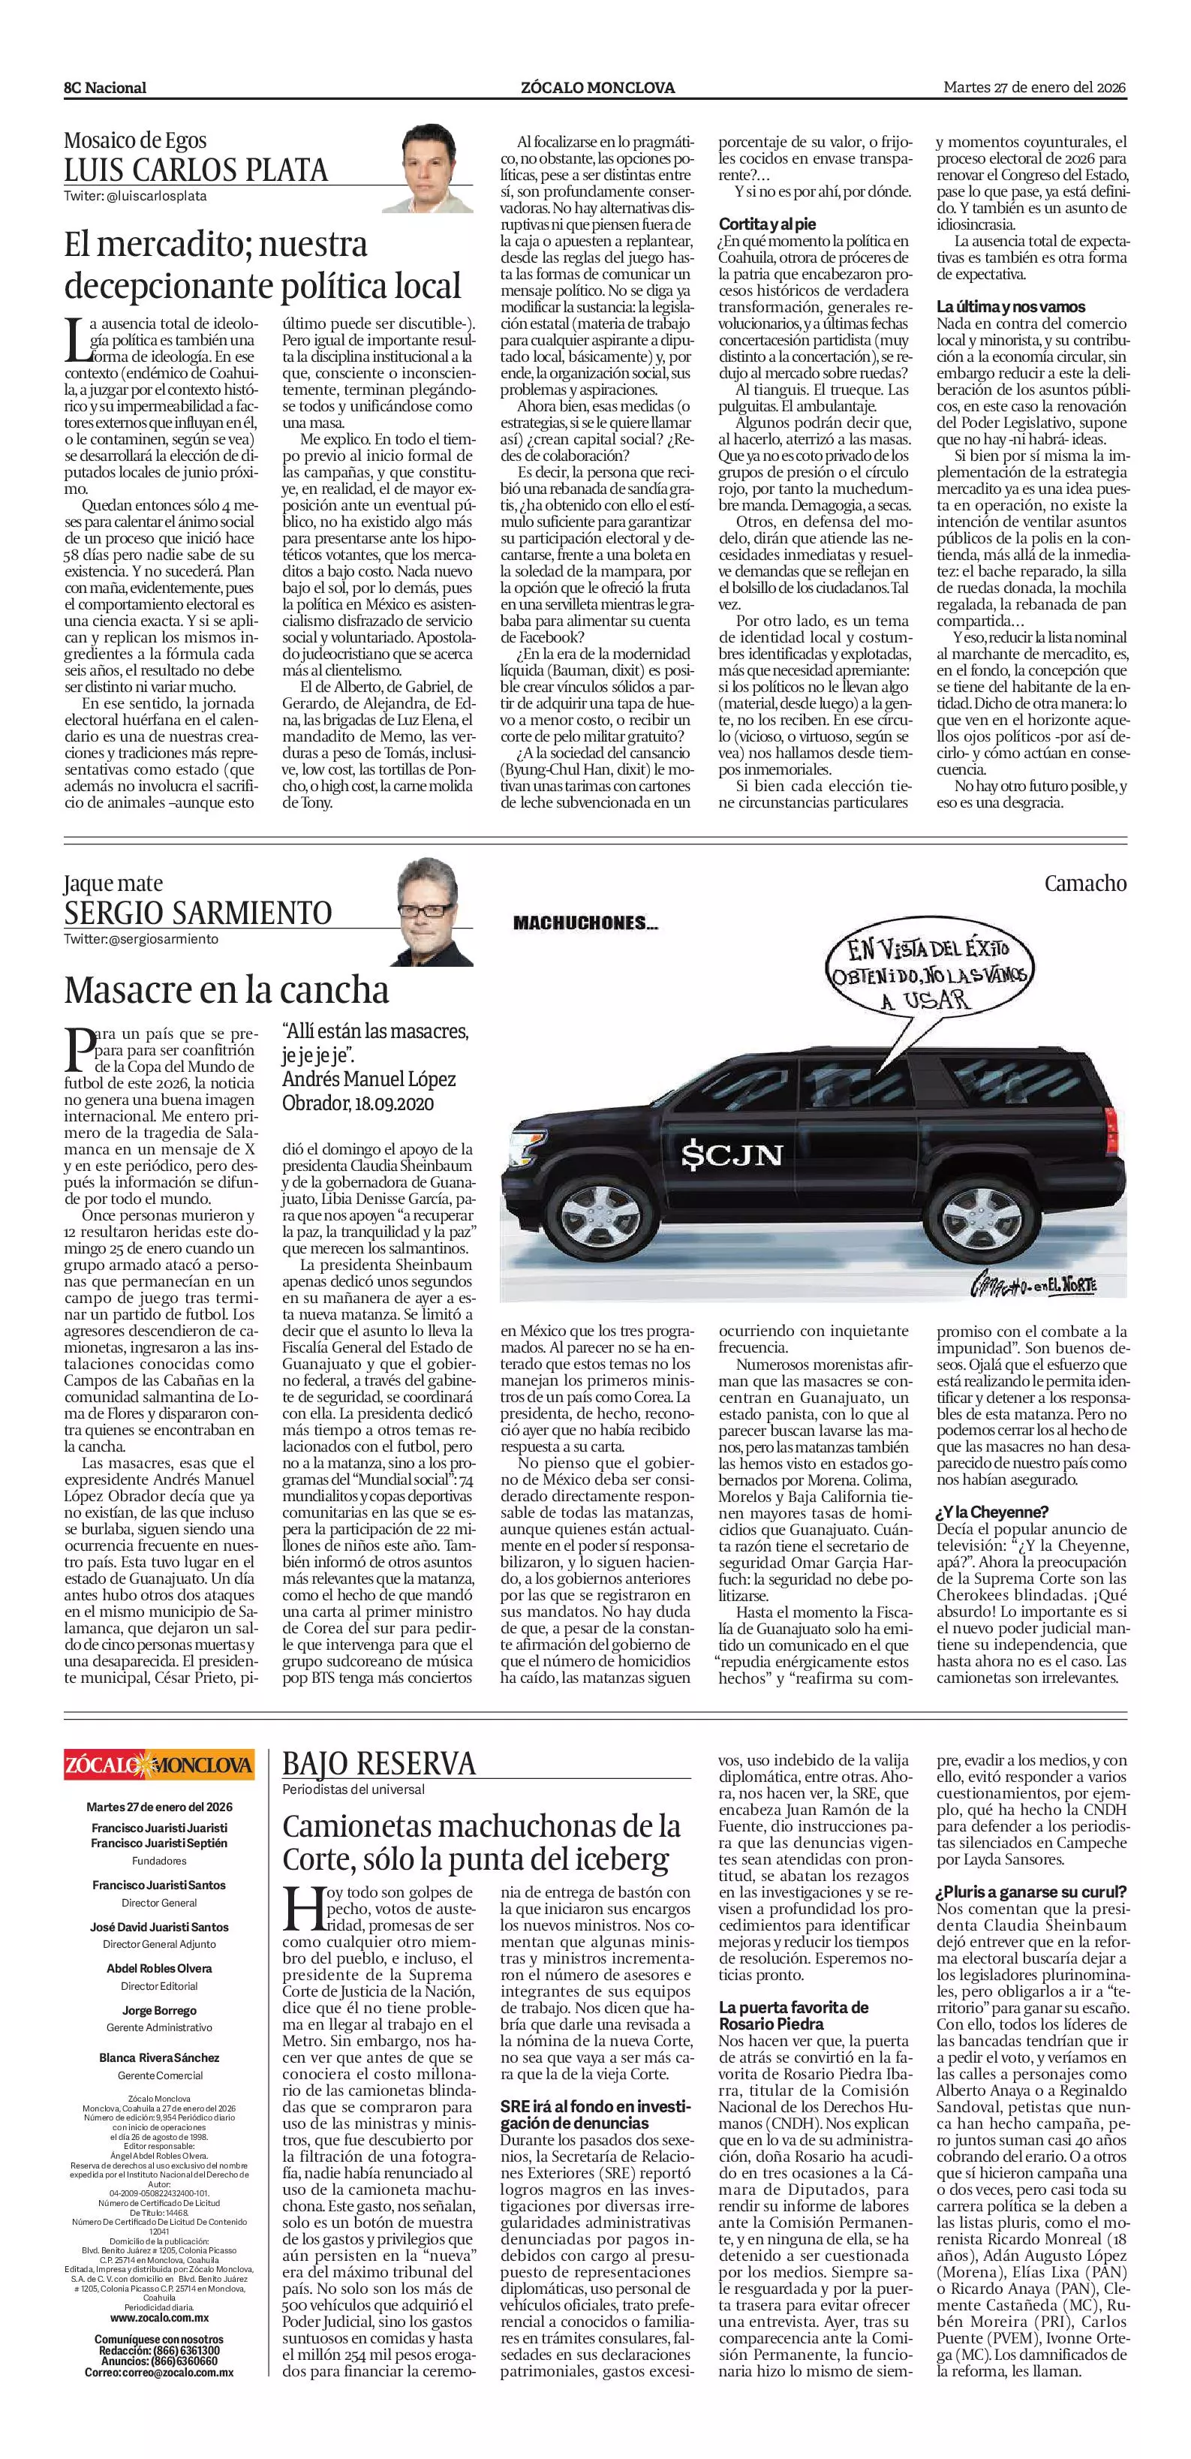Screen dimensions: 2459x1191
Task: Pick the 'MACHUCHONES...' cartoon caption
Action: tap(585, 923)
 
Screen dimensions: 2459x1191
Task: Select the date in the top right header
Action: tap(1034, 88)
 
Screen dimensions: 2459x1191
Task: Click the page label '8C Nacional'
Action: tap(105, 88)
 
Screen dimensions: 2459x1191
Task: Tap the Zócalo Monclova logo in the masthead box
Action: tap(159, 1763)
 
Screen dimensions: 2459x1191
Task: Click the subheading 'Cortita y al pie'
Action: tap(767, 224)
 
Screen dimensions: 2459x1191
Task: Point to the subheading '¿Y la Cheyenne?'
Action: tap(992, 1511)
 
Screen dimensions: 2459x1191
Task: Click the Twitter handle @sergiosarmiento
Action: tap(141, 938)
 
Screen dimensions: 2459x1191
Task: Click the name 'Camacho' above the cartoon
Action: tap(1085, 883)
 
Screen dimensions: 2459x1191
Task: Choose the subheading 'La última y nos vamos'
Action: tap(1011, 306)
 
